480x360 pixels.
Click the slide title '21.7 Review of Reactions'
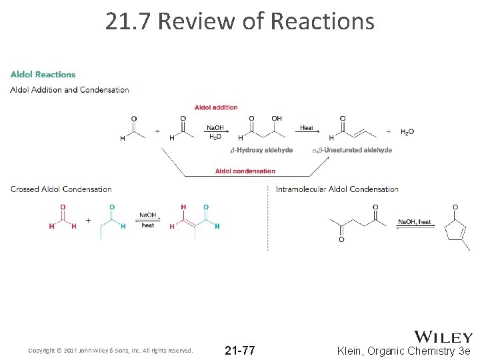(240, 22)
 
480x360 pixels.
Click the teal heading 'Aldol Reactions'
(43, 75)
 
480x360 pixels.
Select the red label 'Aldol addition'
(216, 107)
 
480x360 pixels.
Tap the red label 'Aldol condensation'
(245, 171)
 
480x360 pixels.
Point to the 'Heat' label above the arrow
(307, 128)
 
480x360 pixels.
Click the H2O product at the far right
(407, 132)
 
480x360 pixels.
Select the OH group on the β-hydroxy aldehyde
(277, 119)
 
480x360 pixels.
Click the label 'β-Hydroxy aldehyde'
(261, 150)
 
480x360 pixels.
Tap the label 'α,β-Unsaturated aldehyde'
(352, 150)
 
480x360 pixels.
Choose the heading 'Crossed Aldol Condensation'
(61, 189)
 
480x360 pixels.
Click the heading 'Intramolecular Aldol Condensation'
(337, 189)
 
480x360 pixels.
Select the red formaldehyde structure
(63, 217)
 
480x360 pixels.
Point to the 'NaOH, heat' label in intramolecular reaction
(415, 222)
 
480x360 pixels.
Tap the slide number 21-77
(240, 350)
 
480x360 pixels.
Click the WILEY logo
(443, 337)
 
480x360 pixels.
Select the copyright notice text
(111, 351)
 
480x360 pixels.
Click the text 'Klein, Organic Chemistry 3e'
(404, 351)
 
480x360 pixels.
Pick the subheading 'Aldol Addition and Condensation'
(70, 90)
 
